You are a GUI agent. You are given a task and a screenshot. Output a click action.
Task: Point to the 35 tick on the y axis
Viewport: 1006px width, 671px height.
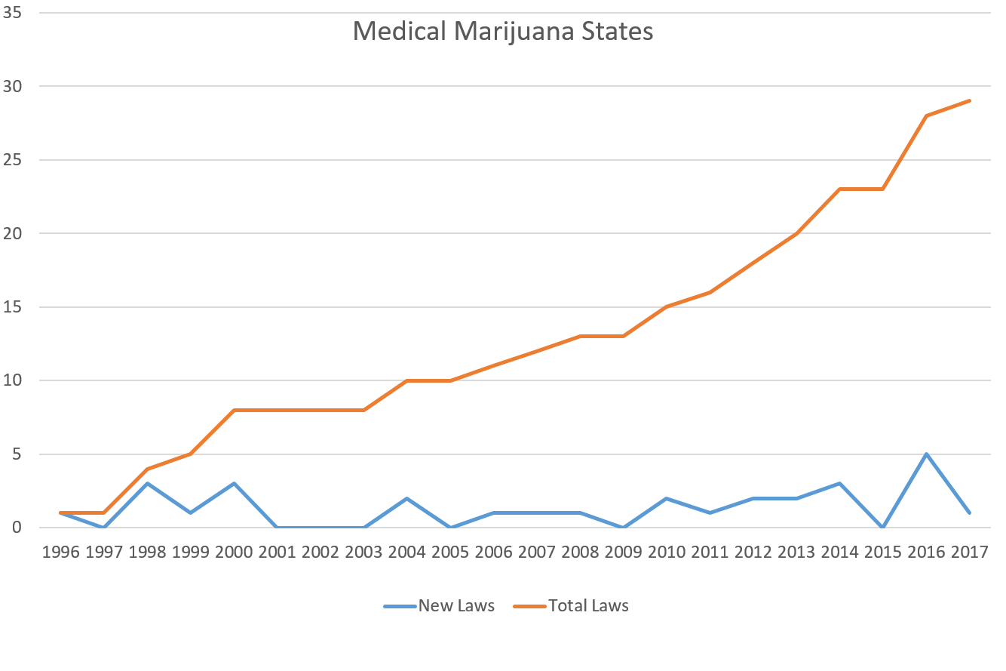coord(11,13)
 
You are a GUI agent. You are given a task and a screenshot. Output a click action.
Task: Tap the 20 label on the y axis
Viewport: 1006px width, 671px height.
coord(11,233)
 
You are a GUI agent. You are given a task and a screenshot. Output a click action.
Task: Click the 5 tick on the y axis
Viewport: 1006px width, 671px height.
coord(16,454)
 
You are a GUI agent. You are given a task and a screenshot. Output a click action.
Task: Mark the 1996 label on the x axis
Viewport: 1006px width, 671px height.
coord(60,552)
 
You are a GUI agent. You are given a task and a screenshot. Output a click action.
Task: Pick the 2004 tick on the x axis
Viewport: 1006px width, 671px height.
coord(407,552)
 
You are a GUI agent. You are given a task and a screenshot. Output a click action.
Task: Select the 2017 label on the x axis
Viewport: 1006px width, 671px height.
coord(969,552)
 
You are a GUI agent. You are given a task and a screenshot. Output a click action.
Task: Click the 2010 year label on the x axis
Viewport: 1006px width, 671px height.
coord(667,552)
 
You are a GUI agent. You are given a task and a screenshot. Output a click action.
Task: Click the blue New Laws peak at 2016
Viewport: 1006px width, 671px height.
coord(926,454)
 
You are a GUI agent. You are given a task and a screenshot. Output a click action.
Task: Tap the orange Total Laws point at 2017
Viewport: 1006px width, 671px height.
coord(969,100)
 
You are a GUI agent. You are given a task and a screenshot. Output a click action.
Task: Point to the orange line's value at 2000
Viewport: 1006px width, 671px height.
coord(234,410)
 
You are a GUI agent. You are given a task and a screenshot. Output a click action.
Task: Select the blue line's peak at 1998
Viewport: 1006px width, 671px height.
coord(147,483)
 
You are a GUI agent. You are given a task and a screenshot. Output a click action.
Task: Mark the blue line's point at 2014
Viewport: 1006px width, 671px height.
coord(839,483)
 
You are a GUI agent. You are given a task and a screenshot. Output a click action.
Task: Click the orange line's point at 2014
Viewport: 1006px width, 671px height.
coord(839,189)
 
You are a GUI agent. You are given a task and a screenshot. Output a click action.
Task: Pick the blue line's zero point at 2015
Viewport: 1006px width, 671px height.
coord(882,527)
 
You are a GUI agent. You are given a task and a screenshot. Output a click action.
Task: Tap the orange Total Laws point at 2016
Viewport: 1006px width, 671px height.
coord(926,115)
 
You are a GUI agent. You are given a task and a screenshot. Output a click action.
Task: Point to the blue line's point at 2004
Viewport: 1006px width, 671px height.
coord(407,498)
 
